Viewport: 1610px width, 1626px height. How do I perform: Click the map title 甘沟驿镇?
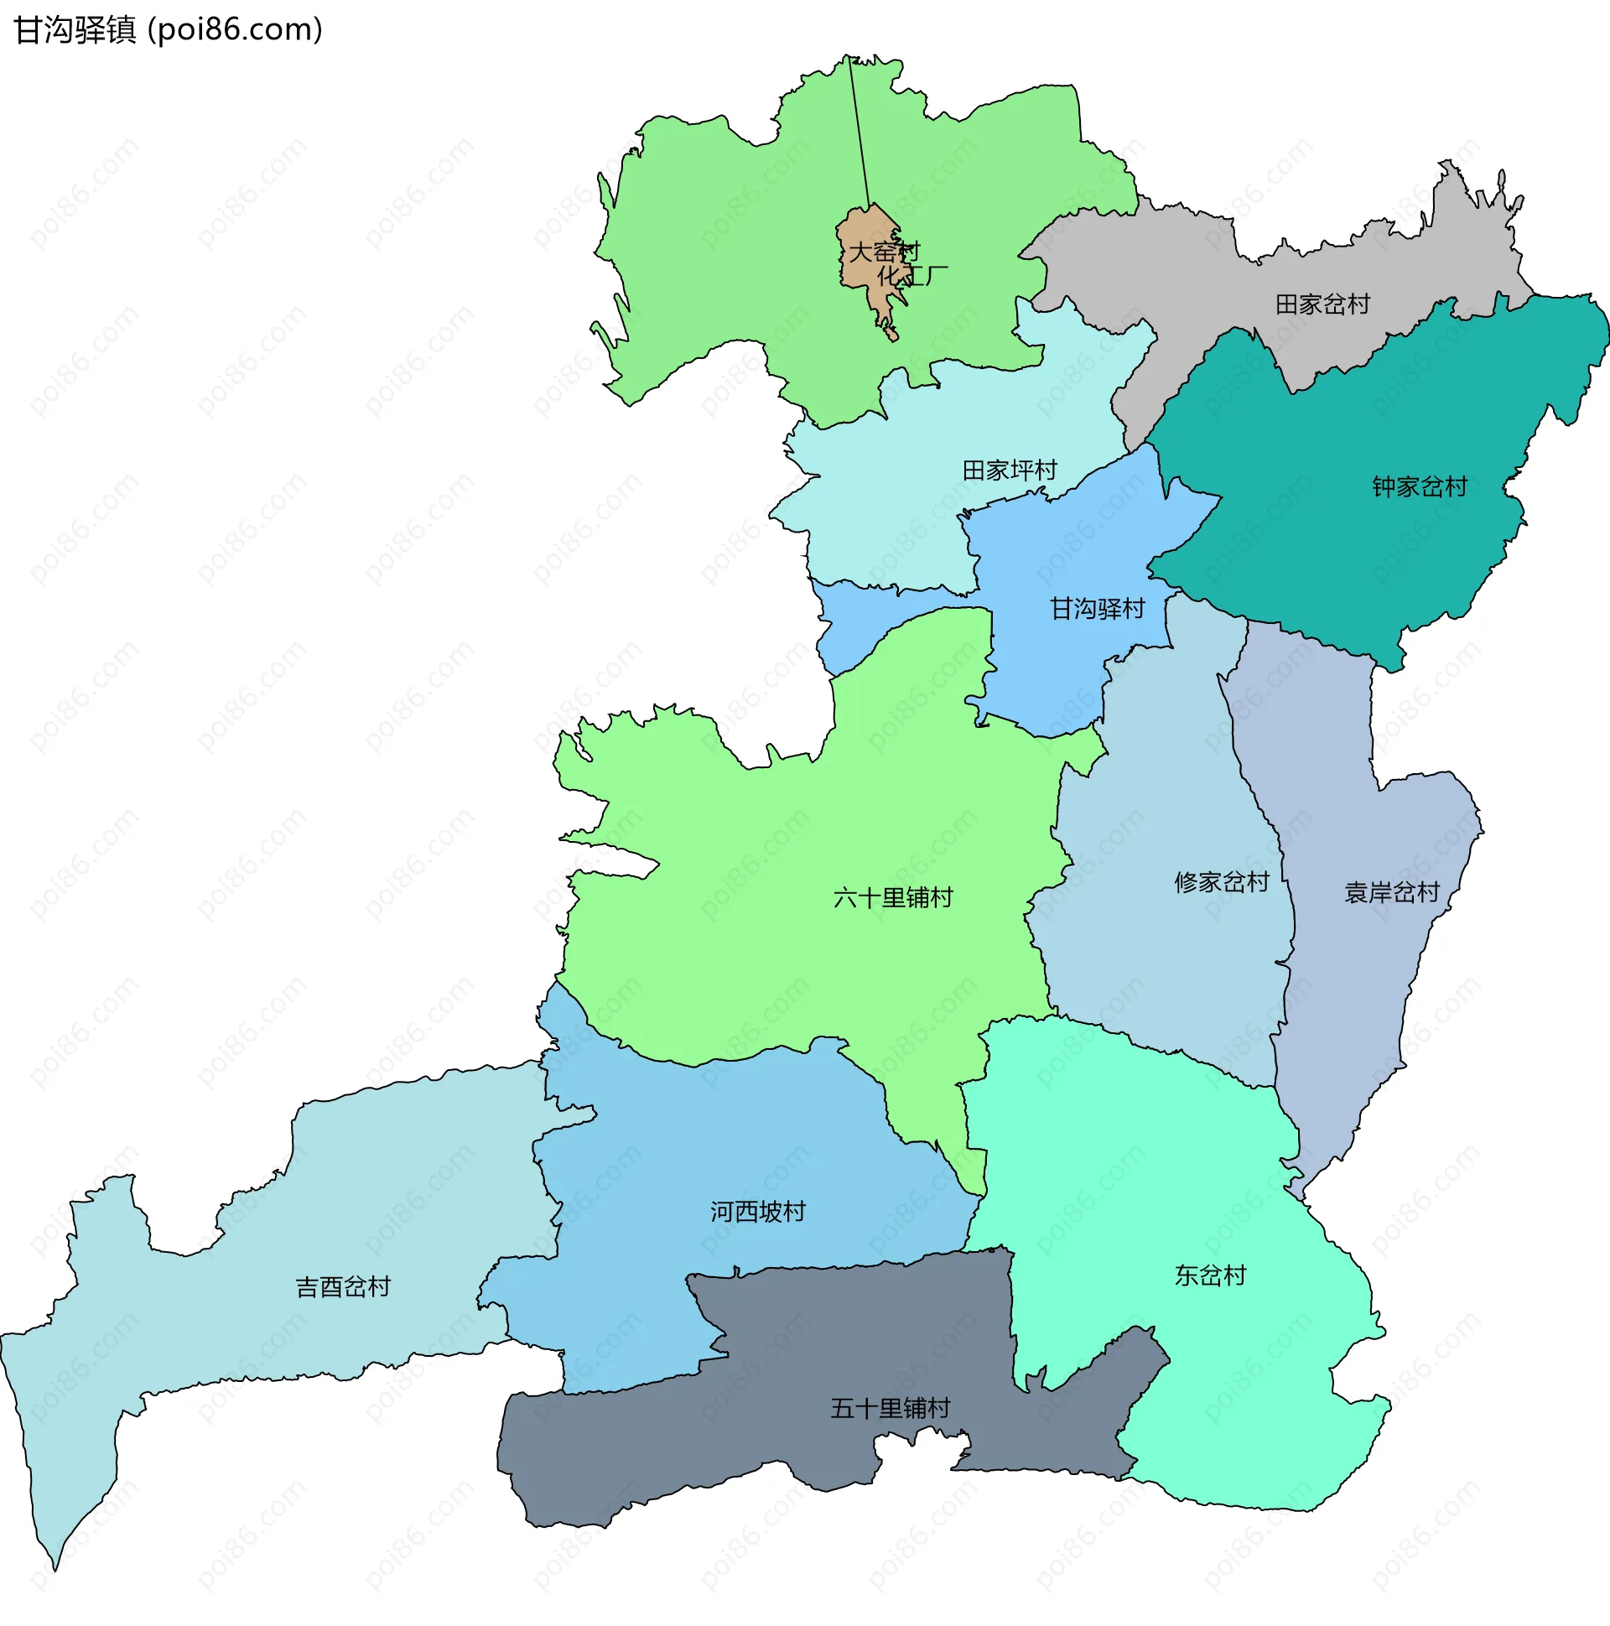pos(75,30)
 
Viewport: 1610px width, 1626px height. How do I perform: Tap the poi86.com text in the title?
pos(235,30)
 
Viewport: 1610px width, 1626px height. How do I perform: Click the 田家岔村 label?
pos(1322,304)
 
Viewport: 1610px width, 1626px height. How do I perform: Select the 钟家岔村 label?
pos(1419,487)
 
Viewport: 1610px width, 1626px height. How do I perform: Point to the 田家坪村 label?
pos(1009,470)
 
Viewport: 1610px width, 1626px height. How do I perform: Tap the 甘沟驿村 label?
pos(1097,610)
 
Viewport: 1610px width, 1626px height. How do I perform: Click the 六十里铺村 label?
pos(893,899)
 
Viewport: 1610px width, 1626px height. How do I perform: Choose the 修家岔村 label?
pos(1221,883)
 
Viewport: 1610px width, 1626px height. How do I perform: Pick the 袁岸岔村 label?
pos(1392,893)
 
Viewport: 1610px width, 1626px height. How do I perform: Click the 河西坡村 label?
pos(757,1212)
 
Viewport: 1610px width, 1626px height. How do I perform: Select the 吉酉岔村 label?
pos(342,1287)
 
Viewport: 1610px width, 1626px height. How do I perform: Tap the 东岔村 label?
pos(1209,1275)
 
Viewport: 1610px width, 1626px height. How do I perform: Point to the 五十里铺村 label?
pos(890,1408)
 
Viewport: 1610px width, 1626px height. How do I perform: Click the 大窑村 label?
pos(884,252)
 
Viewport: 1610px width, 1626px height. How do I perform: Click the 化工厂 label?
pos(912,275)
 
